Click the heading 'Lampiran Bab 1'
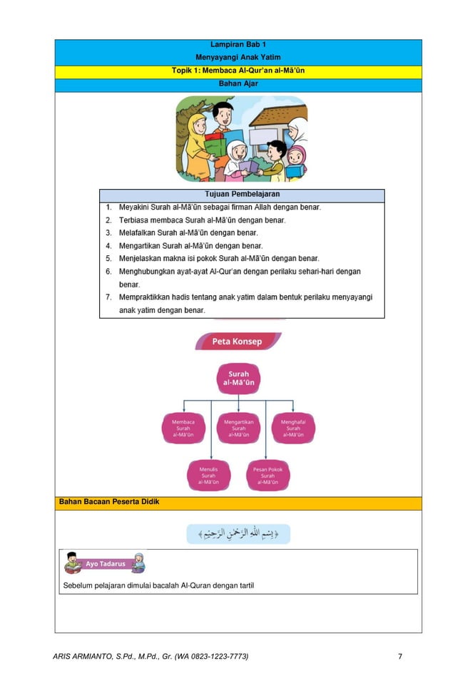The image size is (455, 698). click(x=238, y=45)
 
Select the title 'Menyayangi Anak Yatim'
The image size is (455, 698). click(x=238, y=58)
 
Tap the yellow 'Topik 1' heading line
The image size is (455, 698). click(x=238, y=71)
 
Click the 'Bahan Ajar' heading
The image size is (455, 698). click(x=238, y=84)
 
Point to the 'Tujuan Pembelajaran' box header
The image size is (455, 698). click(x=242, y=195)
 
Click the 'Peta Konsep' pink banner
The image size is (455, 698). click(x=237, y=342)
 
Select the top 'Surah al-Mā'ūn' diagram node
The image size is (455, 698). click(x=238, y=379)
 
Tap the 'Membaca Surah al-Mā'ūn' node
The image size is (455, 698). click(x=183, y=428)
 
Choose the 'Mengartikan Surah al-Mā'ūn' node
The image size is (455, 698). click(x=238, y=428)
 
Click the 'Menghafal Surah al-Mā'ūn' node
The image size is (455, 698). click(x=293, y=428)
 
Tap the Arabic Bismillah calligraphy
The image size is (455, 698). click(x=238, y=534)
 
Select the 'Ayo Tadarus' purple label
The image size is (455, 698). click(x=105, y=564)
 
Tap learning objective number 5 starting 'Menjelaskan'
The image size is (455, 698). click(x=218, y=259)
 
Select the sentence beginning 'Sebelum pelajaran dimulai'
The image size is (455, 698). click(x=158, y=586)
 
